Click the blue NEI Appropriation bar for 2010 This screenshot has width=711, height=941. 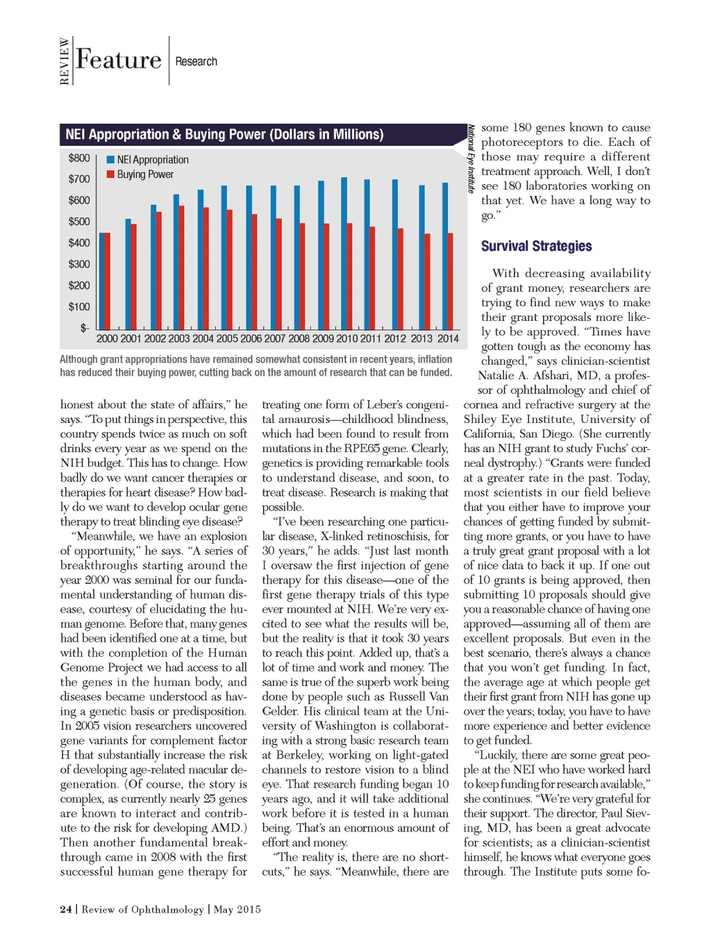click(x=344, y=253)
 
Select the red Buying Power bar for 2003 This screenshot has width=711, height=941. click(x=182, y=267)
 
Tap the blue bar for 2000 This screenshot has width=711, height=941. click(x=101, y=281)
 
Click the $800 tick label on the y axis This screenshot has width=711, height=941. click(x=79, y=158)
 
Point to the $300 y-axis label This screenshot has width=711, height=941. click(x=79, y=265)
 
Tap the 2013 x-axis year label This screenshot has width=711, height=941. click(x=421, y=339)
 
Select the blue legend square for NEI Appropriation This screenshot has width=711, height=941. click(x=110, y=160)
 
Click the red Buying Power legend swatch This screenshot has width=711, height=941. click(x=110, y=174)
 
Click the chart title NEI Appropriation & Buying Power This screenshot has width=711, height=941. click(x=224, y=135)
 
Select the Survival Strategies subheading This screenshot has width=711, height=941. click(x=536, y=246)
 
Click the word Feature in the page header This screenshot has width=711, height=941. click(x=119, y=60)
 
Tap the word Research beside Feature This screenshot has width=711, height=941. click(x=196, y=62)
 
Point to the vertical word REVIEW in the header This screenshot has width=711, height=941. click(x=65, y=61)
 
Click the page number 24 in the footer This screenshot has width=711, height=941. click(x=66, y=910)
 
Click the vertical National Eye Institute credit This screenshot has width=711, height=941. click(x=471, y=159)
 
